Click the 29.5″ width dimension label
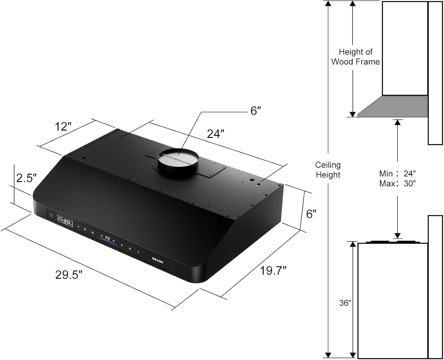click(x=68, y=275)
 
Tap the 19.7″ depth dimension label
click(x=273, y=270)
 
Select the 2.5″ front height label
click(x=26, y=178)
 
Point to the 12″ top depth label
click(x=63, y=127)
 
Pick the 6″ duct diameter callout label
click(x=256, y=111)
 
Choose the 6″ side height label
click(x=311, y=214)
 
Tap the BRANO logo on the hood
click(x=158, y=260)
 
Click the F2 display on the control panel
click(x=107, y=238)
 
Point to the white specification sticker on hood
click(x=65, y=221)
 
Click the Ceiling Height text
click(x=328, y=170)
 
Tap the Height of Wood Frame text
click(x=355, y=57)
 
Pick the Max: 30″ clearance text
click(x=398, y=184)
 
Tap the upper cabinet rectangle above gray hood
click(x=405, y=48)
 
